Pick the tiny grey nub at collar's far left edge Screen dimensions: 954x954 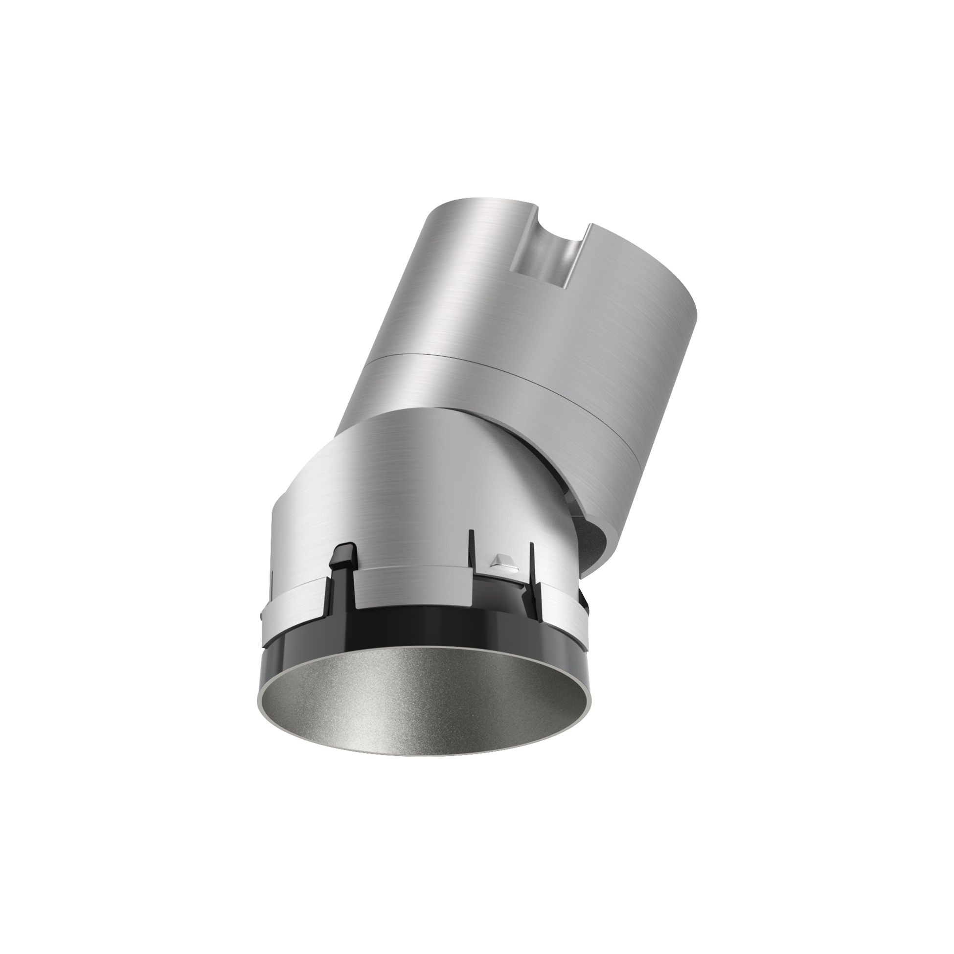point(261,615)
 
